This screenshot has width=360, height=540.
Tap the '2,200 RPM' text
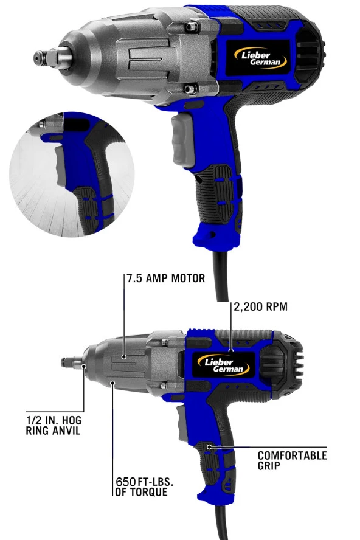[261, 308]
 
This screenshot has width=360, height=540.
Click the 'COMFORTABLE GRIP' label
[292, 460]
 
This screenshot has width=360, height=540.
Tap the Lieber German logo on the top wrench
[255, 56]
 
